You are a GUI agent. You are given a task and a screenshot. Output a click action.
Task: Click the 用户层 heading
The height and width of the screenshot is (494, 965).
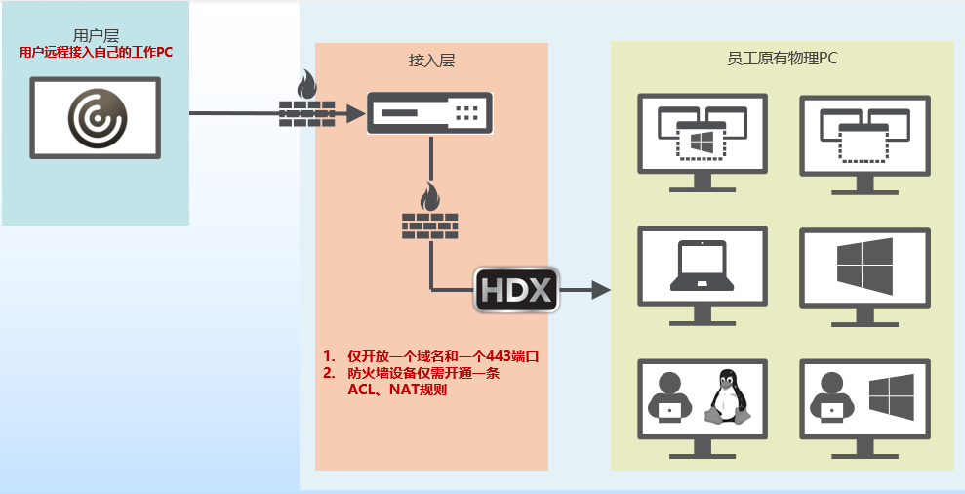96,35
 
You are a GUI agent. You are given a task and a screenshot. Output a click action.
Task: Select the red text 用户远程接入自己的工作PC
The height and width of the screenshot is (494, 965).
96,52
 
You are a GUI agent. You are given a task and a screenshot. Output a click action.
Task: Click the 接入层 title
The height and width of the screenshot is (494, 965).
431,60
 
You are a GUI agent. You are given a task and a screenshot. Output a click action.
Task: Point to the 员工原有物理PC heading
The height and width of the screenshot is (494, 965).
783,59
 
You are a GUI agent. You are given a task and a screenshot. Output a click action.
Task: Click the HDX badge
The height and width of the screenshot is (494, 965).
516,290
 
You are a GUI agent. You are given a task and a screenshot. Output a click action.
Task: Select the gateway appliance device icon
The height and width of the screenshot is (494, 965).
429,113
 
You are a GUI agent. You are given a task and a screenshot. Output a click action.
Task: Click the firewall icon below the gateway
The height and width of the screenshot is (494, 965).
429,215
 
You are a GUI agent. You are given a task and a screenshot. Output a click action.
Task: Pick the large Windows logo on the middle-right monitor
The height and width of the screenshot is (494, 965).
864,267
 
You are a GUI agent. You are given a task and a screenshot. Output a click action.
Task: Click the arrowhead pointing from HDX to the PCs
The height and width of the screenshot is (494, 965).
599,290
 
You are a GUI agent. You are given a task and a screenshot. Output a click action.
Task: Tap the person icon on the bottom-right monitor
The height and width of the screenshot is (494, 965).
832,398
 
